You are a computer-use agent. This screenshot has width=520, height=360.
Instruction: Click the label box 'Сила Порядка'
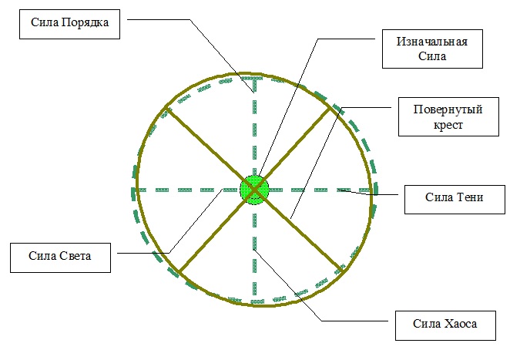pyautogui.click(x=69, y=24)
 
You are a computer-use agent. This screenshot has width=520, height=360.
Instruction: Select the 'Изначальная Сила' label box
pyautogui.click(x=432, y=49)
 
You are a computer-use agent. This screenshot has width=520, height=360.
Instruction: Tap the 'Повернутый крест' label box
pyautogui.click(x=448, y=117)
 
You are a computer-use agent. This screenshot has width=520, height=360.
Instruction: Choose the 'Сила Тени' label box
pyautogui.click(x=455, y=200)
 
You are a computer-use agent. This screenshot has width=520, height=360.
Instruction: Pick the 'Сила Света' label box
pyautogui.click(x=60, y=257)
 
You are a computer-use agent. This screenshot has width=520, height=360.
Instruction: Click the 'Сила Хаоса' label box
pyautogui.click(x=445, y=325)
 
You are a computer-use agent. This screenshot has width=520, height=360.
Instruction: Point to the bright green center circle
pyautogui.click(x=254, y=190)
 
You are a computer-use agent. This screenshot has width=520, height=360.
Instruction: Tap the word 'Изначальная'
pyautogui.click(x=432, y=42)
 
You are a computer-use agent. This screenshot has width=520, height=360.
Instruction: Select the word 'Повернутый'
pyautogui.click(x=448, y=109)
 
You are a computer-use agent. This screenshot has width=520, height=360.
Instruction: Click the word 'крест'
pyautogui.click(x=448, y=125)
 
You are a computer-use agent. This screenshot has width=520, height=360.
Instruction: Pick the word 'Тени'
pyautogui.click(x=470, y=197)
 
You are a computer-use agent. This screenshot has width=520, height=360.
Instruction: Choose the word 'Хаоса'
pyautogui.click(x=461, y=324)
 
